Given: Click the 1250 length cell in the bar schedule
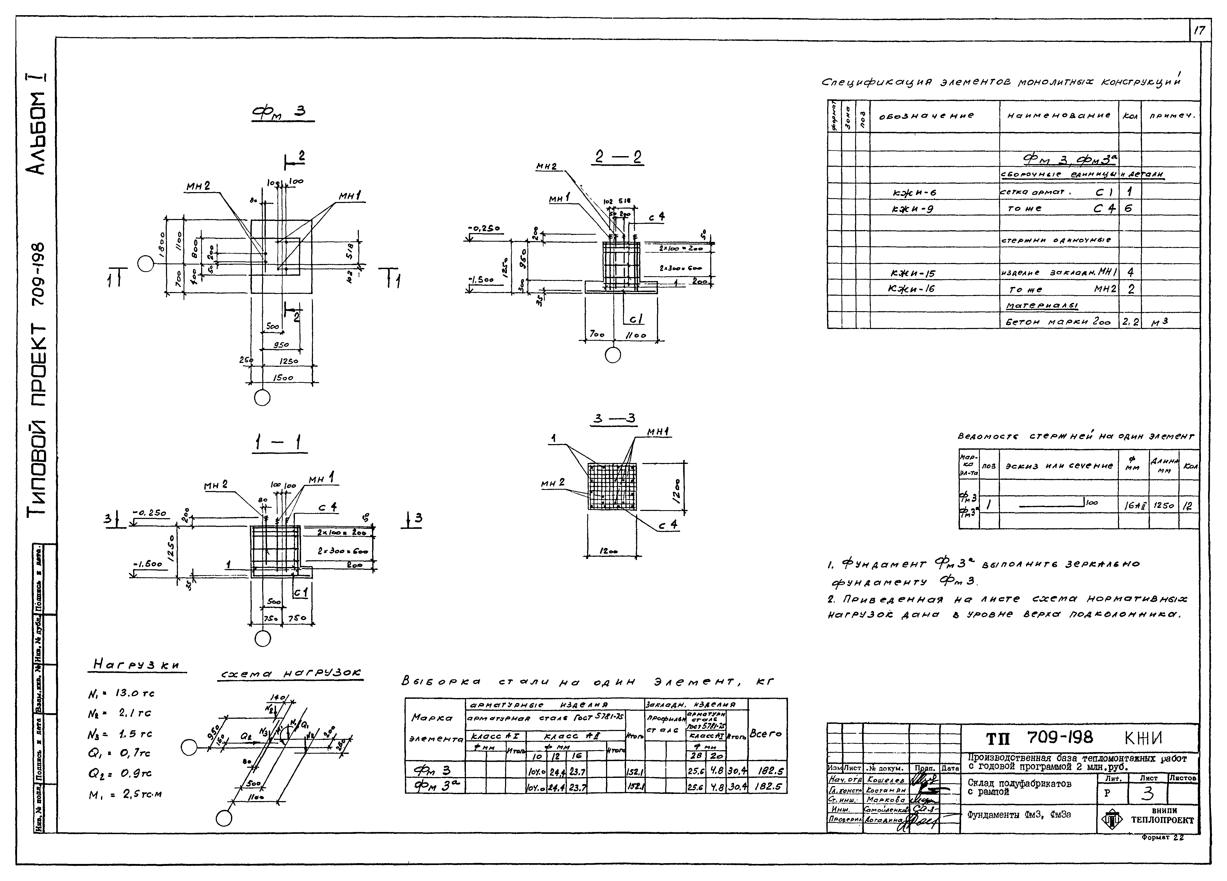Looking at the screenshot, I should pyautogui.click(x=1163, y=505).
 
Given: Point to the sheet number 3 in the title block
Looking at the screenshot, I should pyautogui.click(x=1147, y=793).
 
